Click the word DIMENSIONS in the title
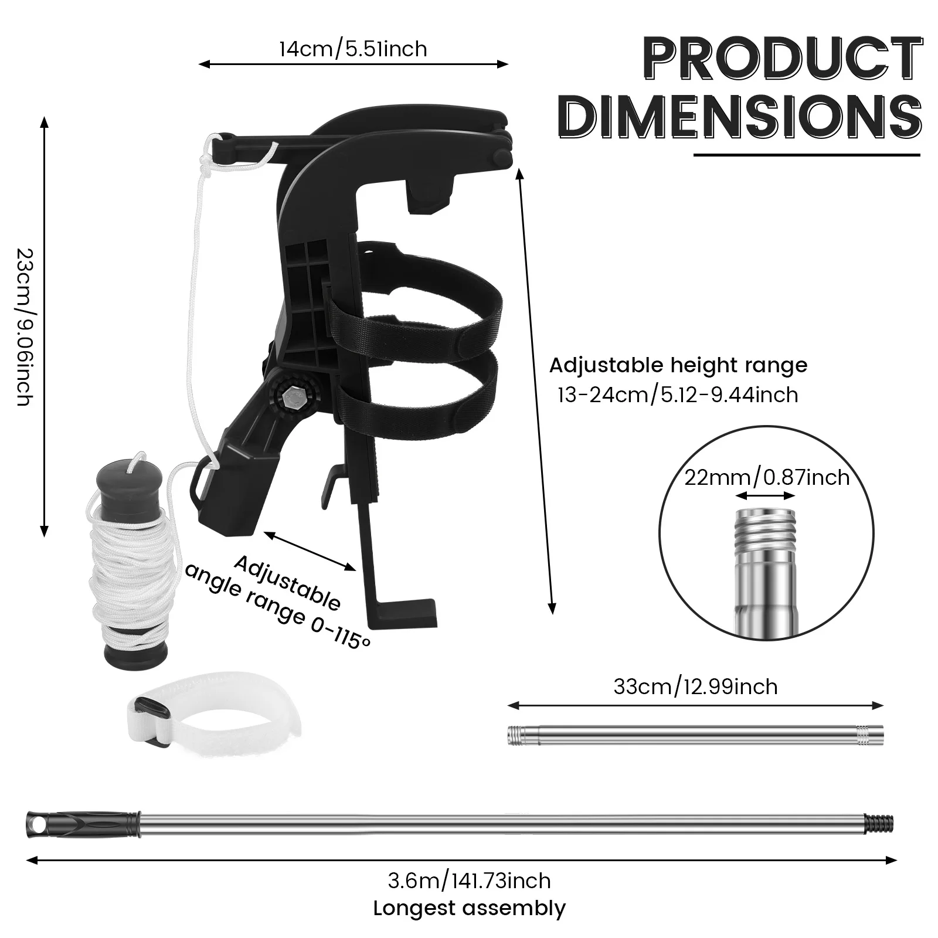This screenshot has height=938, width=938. [x=740, y=117]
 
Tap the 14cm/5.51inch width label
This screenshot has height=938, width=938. [x=353, y=48]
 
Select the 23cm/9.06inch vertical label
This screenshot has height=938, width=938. [x=23, y=327]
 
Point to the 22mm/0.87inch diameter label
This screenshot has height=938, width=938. [x=767, y=478]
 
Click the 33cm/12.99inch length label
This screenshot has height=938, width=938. [x=695, y=686]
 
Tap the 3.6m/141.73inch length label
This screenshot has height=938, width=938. [x=469, y=881]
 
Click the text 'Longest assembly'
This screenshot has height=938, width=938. [x=469, y=908]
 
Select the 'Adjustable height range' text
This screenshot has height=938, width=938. [x=678, y=365]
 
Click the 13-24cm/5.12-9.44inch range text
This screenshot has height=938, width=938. [x=678, y=395]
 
